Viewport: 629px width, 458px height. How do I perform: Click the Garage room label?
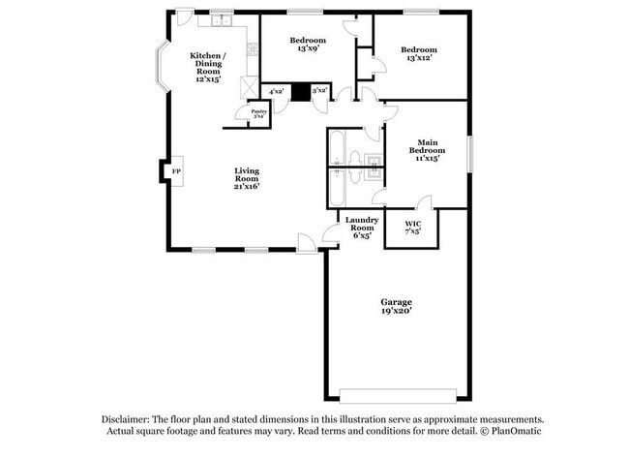pos(396,307)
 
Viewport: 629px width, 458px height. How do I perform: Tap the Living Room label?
pos(247,178)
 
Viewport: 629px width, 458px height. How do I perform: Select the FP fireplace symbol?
pos(175,172)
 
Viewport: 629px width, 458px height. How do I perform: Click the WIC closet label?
pos(412,229)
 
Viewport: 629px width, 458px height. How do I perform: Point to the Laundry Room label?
pos(362,227)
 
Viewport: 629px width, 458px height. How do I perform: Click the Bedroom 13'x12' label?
pos(419,54)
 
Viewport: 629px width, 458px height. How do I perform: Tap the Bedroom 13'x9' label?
pos(309,45)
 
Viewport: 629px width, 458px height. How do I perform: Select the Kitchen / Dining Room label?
pos(209,68)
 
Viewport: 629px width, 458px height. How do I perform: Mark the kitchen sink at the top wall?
pos(222,19)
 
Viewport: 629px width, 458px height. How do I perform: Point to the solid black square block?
pos(300,92)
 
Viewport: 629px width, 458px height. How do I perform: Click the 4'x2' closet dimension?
pos(276,92)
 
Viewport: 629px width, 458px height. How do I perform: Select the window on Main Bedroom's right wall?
pos(470,154)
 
